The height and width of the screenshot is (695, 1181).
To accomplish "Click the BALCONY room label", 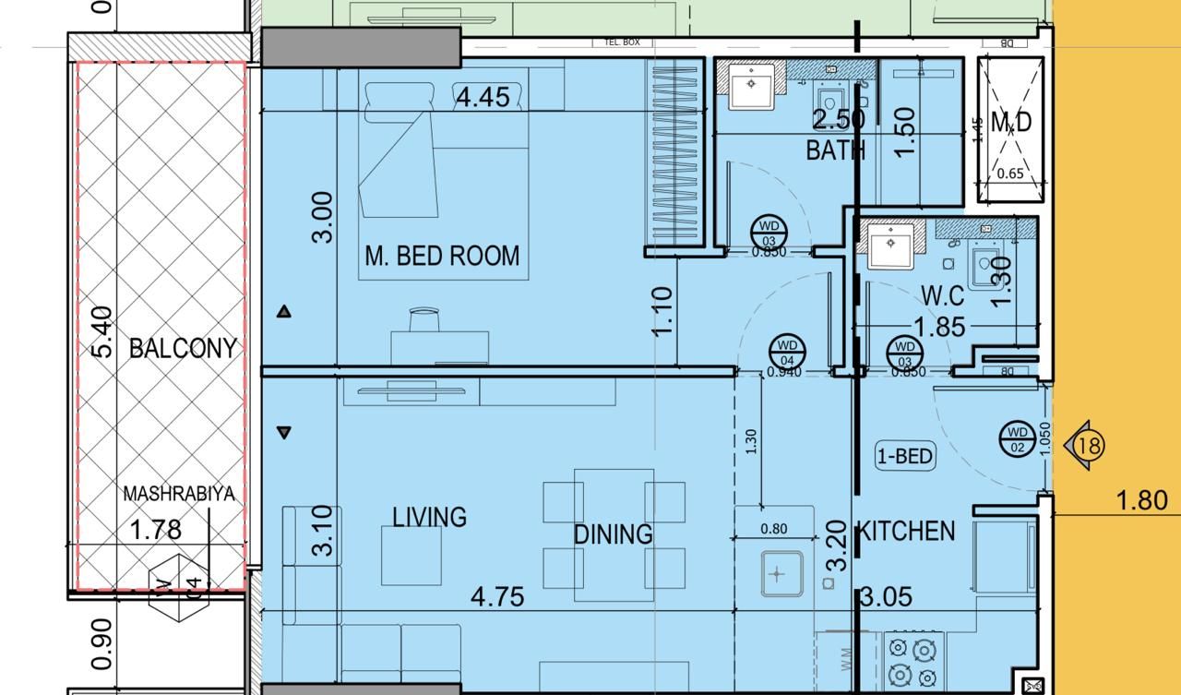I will [183, 348].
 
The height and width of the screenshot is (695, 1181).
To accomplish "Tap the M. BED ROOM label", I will [442, 256].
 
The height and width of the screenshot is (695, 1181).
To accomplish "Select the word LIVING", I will [429, 517].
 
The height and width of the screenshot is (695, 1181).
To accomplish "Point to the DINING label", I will [613, 534].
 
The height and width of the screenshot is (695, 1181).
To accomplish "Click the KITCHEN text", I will [906, 531].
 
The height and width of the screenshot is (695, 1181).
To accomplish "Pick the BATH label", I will [835, 150].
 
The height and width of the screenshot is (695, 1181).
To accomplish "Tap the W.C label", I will [942, 296].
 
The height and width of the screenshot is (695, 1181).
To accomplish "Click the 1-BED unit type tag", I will [905, 456].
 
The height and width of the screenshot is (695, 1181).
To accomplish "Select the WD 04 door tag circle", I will [787, 353].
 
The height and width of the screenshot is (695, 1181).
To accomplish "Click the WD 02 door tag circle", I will [1017, 438].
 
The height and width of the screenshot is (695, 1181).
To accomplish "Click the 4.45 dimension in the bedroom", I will [483, 97].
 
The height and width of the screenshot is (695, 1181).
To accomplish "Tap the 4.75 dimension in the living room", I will [497, 596].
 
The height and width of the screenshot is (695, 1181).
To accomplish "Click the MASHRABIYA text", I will [179, 495].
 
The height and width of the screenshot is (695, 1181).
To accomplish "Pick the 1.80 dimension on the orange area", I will [1142, 500].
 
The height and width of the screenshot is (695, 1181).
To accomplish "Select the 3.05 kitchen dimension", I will [886, 597].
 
